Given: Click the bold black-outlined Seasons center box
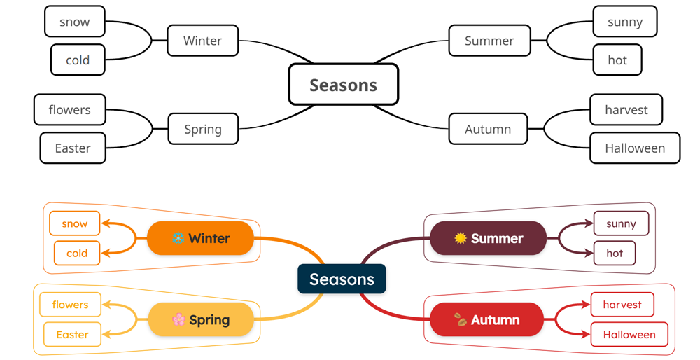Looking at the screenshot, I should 343,85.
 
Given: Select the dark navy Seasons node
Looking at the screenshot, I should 342,279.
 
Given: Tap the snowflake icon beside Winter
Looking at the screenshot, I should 178,238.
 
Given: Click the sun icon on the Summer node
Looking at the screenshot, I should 460,238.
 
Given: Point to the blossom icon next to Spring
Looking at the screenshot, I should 178,320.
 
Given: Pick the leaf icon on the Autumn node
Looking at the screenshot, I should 460,320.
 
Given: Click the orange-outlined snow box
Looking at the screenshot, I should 75,223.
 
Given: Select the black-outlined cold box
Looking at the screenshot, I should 77,60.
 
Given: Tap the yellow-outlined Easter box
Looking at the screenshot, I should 72,334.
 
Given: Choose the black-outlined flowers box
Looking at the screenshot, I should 69,110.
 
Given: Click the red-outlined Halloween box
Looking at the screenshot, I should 629,334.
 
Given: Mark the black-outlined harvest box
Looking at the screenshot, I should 626,110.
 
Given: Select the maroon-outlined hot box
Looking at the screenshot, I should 615,253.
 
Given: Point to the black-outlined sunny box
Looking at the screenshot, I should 624,22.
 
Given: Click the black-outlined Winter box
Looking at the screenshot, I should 202,41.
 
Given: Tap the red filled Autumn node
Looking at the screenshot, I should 486,320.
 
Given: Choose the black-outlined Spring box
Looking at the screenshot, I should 202,129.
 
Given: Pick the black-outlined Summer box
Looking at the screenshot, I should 489,41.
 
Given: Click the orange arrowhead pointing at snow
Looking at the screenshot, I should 106,224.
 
